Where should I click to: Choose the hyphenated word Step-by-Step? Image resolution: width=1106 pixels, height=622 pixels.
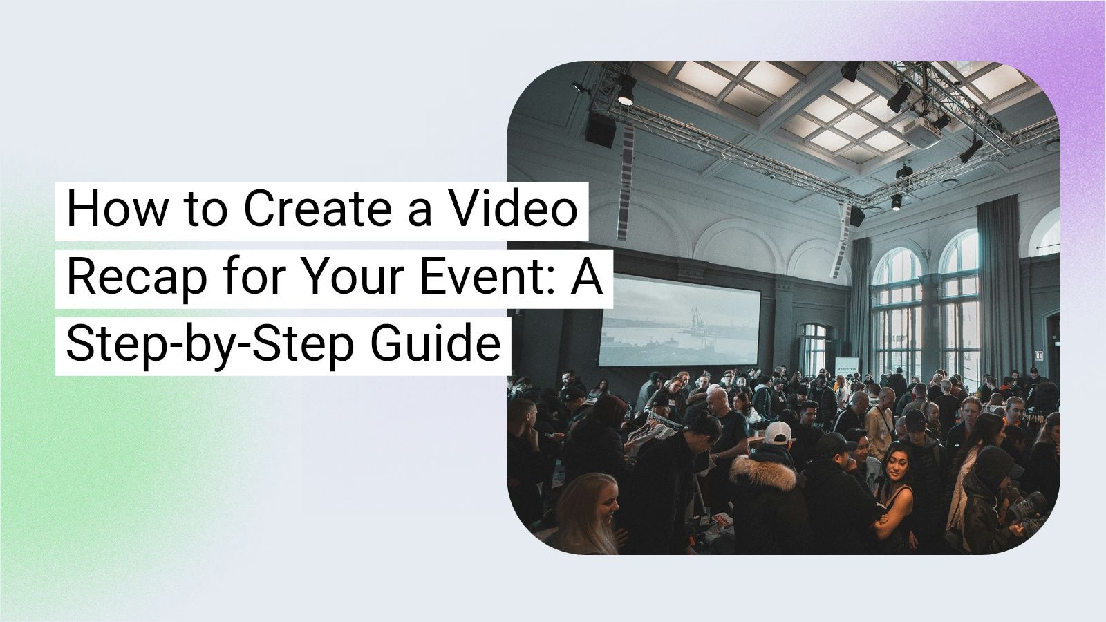coord(209,345)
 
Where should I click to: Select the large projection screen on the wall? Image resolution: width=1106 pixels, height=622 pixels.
coord(679,320)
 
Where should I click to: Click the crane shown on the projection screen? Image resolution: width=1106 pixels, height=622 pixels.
coord(695,315)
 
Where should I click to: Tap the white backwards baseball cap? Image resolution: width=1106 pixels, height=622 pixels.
coord(778,433)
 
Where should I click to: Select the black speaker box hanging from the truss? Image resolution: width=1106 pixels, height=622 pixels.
coord(601,130)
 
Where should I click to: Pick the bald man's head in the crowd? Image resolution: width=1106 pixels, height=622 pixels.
coord(716,399)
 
